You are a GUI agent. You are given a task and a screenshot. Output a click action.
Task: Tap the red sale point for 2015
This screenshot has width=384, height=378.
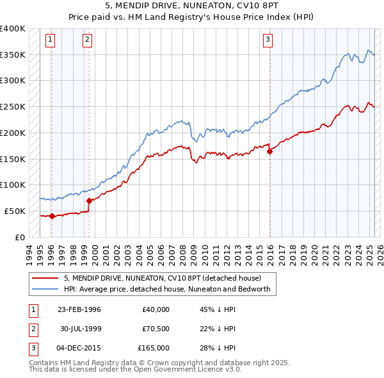pos(270,151)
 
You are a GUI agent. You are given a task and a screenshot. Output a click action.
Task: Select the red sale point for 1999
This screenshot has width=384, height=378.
pos(89,201)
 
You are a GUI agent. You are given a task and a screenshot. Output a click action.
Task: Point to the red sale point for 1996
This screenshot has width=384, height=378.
pos(51,216)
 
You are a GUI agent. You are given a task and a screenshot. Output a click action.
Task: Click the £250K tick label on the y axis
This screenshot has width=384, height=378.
pos(13,106)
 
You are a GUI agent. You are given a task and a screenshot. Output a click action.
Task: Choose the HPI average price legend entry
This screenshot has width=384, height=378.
pos(167,289)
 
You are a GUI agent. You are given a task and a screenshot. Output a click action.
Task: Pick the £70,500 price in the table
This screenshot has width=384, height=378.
pos(154,329)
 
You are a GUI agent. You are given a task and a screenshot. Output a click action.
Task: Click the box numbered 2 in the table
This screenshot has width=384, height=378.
pos(33,329)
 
